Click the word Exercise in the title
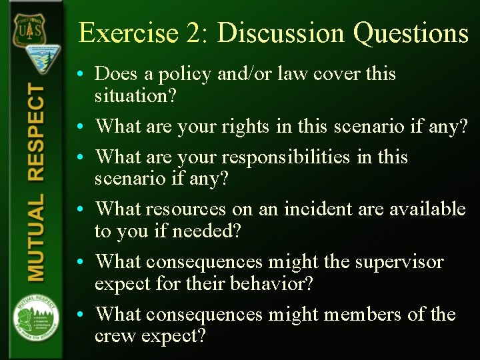coord(120,33)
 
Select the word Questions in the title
coord(411,33)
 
